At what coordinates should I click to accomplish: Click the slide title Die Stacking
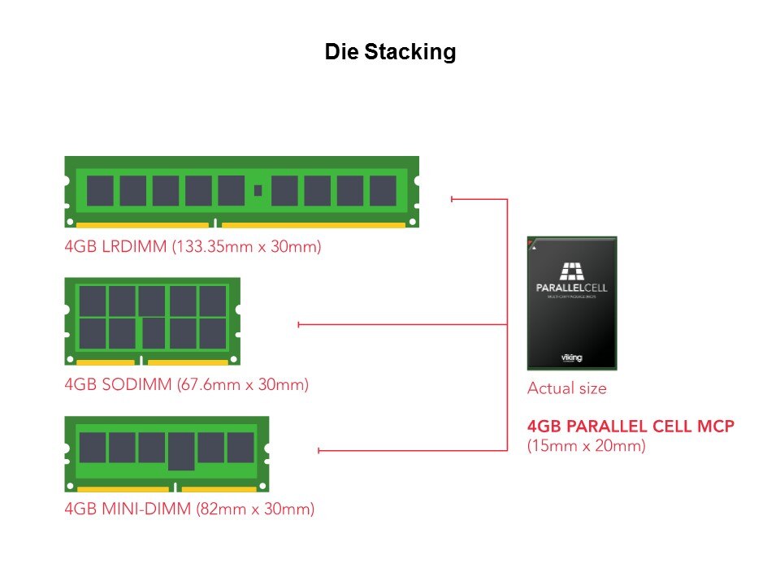point(390,52)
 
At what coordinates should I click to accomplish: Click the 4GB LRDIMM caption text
point(193,246)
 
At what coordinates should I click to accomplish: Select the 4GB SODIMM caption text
point(186,384)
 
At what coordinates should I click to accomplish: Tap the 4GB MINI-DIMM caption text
point(189,509)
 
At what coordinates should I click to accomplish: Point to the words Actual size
point(566,388)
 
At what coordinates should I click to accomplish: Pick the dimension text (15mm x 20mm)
point(586,445)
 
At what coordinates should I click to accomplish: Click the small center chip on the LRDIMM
point(258,190)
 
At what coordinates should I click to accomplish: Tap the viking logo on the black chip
point(572,357)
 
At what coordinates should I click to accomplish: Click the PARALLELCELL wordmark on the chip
point(572,288)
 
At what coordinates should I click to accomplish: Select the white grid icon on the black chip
point(572,271)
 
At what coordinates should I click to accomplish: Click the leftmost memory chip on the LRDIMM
point(100,190)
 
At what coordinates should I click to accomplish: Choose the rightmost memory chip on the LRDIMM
point(383,190)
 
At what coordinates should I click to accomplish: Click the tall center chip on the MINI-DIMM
point(181,451)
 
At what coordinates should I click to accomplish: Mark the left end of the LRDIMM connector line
point(452,198)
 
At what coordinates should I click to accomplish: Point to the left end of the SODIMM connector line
point(299,325)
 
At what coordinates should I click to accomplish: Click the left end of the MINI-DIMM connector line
point(319,450)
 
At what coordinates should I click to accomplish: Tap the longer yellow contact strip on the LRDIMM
point(313,225)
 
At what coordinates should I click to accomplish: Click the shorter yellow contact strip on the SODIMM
point(106,362)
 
